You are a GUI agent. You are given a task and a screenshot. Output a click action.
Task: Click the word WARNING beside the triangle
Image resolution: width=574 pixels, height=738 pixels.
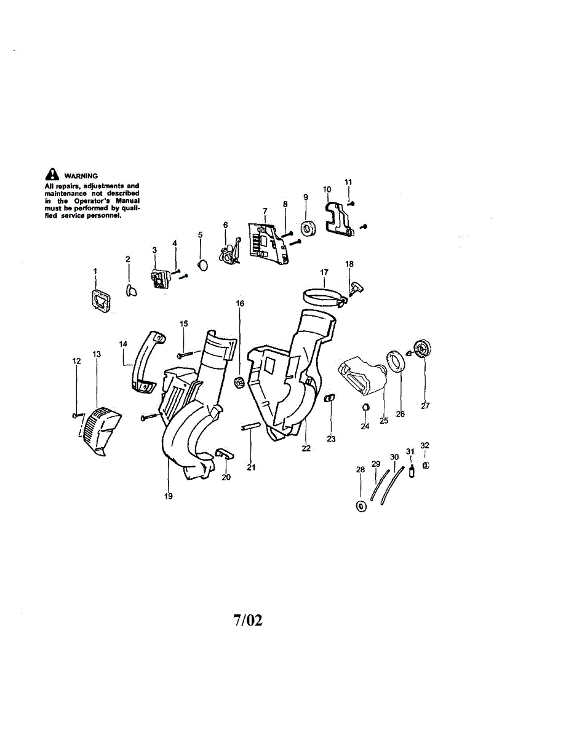coord(81,176)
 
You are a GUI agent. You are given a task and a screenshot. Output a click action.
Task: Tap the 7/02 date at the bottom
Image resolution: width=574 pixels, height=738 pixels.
coord(247,621)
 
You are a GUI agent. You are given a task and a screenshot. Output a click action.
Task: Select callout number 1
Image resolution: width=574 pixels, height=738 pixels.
coord(95,271)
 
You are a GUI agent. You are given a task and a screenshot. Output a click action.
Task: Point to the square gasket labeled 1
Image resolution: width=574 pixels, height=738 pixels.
coord(99,300)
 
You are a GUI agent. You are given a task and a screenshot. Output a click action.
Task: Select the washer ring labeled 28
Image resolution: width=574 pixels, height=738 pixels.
coord(361,506)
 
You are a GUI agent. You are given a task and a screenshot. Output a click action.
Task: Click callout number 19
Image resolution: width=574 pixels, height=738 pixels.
coord(169,496)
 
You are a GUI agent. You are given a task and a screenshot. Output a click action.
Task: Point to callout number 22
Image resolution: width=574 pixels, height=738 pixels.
coord(306,449)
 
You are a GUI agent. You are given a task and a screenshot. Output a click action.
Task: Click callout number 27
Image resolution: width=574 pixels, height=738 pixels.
coord(425,405)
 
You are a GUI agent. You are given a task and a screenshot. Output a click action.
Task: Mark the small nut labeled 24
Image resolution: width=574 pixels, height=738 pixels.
coord(365,407)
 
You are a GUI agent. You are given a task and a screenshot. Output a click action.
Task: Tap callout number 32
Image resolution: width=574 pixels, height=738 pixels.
coord(425,445)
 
